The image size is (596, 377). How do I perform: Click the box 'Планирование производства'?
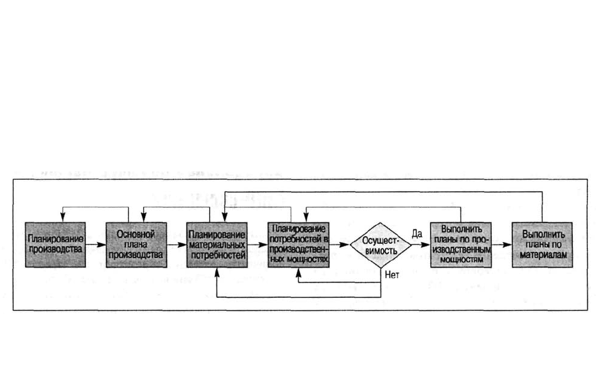(55, 244)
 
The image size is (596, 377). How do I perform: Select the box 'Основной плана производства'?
(136, 244)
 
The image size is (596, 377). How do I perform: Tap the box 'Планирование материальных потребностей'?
(217, 244)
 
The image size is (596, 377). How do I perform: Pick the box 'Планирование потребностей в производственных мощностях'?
(298, 244)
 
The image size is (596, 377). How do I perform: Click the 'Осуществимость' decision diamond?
(381, 246)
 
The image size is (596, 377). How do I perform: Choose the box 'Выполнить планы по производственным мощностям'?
(461, 244)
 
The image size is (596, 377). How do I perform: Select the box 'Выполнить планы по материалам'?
(543, 244)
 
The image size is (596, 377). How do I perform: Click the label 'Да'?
(417, 234)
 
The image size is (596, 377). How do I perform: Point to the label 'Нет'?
(392, 275)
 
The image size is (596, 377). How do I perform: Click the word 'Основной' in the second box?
(136, 234)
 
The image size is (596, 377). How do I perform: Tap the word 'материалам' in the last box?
(543, 255)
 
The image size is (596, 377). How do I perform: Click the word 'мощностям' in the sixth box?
(462, 260)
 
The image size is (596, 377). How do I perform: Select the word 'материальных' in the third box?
(217, 245)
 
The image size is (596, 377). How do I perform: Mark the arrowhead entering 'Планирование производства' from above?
(63, 217)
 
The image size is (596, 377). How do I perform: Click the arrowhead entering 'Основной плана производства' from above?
(144, 217)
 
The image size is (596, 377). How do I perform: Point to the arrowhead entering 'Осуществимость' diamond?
(345, 244)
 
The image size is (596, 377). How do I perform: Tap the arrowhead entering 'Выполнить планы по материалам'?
(507, 244)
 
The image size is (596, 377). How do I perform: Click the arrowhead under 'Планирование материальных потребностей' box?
(217, 273)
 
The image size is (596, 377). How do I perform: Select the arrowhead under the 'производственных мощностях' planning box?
(298, 273)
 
